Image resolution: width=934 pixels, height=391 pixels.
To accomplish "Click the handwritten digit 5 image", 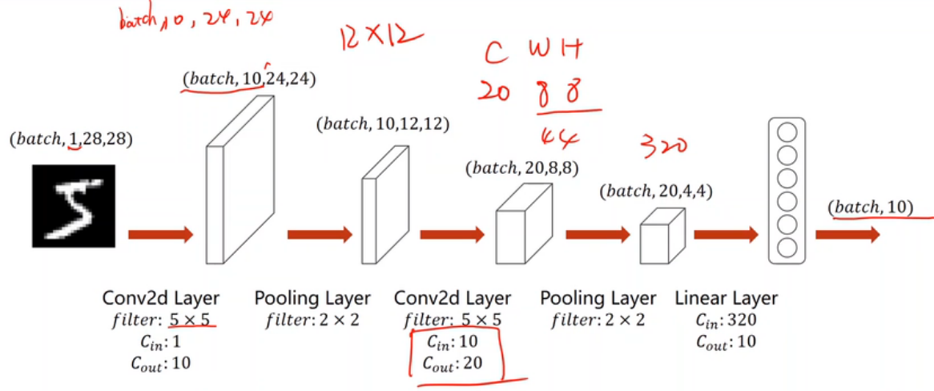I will pos(74,205).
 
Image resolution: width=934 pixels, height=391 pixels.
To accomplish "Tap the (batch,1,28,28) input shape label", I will pos(70,140).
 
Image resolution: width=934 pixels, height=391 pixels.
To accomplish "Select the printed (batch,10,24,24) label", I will pos(249,79).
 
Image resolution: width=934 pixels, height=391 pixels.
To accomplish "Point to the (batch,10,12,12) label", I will pos(383,124).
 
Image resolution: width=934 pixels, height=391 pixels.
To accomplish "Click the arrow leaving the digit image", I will pos(160,235).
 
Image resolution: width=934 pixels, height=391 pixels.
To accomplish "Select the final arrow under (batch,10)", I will pos(847,235).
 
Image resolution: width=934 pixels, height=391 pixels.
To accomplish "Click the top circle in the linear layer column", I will pos(787,131).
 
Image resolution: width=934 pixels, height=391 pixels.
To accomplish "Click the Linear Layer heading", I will pos(726,299).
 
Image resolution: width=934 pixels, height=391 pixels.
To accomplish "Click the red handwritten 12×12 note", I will pos(380,37).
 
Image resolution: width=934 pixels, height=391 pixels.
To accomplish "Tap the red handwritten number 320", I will pos(661,146).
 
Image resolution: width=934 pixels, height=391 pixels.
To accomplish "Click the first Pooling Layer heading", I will pos(312,299).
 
